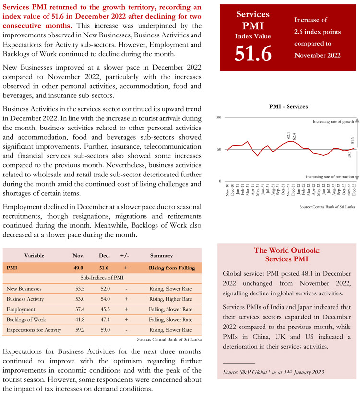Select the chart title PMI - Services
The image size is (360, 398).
tap(286, 106)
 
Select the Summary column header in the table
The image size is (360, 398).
tap(161, 256)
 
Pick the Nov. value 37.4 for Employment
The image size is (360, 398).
tap(78, 309)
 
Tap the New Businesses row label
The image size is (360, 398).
tap(24, 289)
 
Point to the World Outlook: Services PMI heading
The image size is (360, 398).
tap(287, 255)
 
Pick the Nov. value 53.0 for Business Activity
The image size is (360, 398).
tap(78, 299)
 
